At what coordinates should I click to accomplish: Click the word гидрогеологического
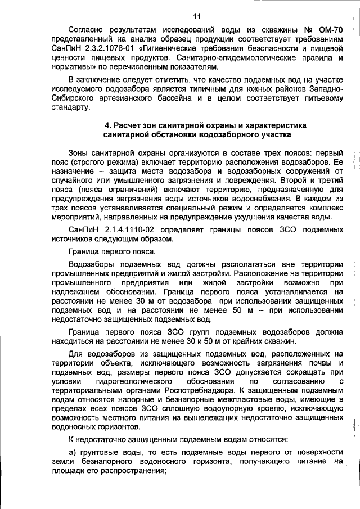[x=133, y=382]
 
